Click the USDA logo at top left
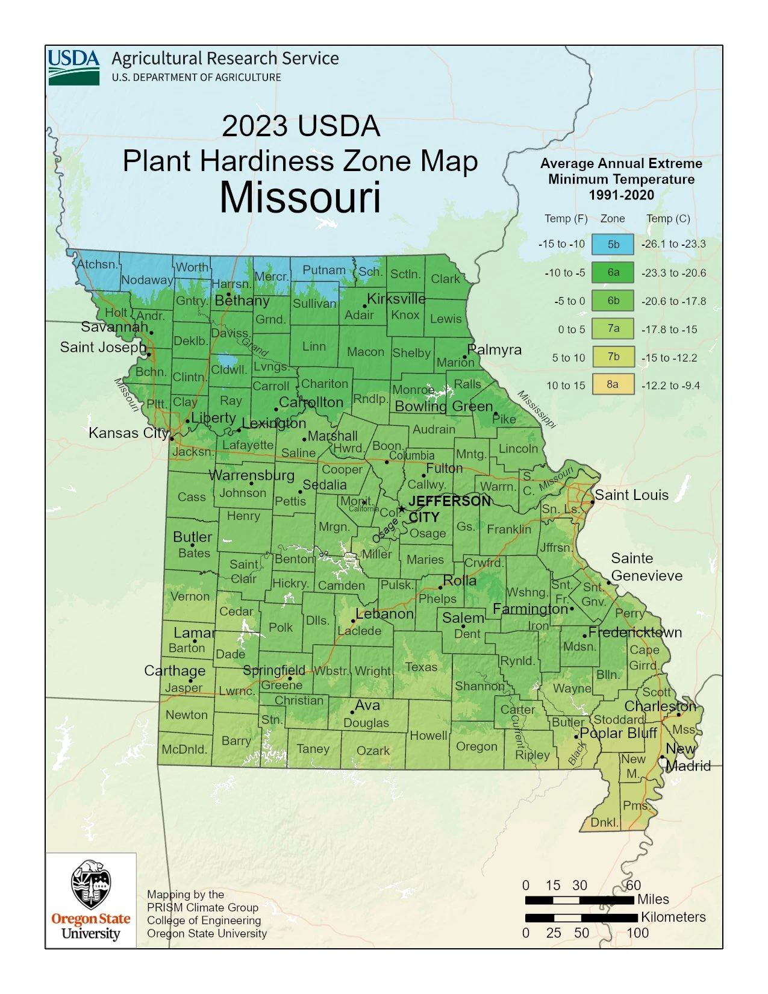pyautogui.click(x=73, y=67)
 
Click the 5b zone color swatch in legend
pyautogui.click(x=613, y=245)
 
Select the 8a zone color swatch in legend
pyautogui.click(x=613, y=384)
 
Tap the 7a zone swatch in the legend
pyautogui.click(x=613, y=328)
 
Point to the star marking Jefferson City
pyautogui.click(x=402, y=509)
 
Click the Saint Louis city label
pyautogui.click(x=631, y=495)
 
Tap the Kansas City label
pyautogui.click(x=128, y=433)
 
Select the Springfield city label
pyautogui.click(x=274, y=670)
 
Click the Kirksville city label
pyautogui.click(x=396, y=299)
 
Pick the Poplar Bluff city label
pyautogui.click(x=619, y=733)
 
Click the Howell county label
pyautogui.click(x=428, y=736)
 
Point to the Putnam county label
pyautogui.click(x=324, y=270)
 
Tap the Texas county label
pyautogui.click(x=421, y=667)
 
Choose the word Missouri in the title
pyautogui.click(x=300, y=198)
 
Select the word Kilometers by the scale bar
pyautogui.click(x=673, y=917)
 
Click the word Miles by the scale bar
pyautogui.click(x=653, y=899)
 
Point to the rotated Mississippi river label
pyautogui.click(x=536, y=410)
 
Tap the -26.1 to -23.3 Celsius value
pyautogui.click(x=673, y=244)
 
